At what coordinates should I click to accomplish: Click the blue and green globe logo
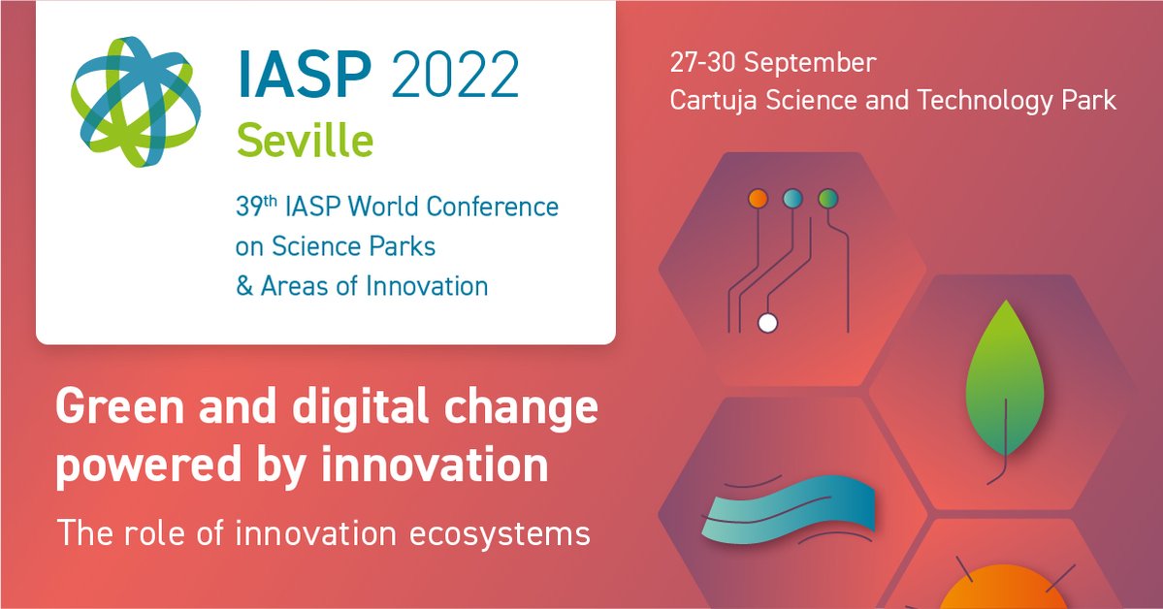(136, 102)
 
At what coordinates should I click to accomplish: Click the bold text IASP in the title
(306, 74)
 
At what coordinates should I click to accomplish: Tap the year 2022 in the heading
(455, 74)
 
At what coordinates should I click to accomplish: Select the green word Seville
(305, 141)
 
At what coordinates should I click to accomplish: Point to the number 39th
(256, 206)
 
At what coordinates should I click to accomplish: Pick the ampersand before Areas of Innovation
(244, 286)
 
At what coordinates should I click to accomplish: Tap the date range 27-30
(702, 62)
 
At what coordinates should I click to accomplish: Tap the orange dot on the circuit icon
(758, 198)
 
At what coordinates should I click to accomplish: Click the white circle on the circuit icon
(767, 324)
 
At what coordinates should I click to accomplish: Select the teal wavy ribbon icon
(790, 511)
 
